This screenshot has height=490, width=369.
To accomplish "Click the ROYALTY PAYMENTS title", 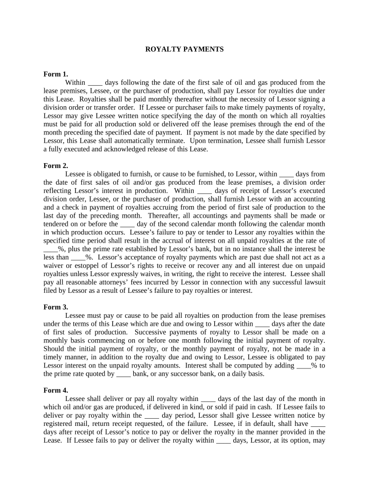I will (184, 49).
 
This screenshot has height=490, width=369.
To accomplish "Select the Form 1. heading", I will (56, 74).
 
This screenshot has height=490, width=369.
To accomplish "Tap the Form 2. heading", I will (56, 166).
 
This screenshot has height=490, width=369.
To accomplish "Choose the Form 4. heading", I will (56, 390).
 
